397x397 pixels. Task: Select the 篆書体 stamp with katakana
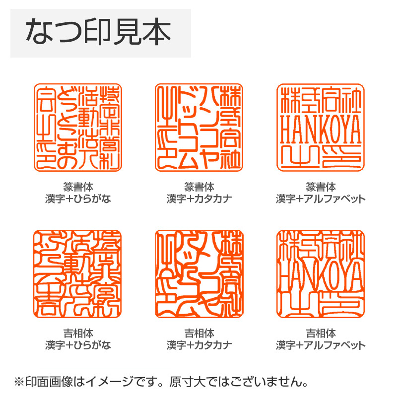pyautogui.click(x=199, y=128)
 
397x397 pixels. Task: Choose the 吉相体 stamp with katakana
pyautogui.click(x=199, y=273)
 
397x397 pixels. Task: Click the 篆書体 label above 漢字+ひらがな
pyautogui.click(x=78, y=188)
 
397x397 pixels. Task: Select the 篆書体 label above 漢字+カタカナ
pyautogui.click(x=199, y=188)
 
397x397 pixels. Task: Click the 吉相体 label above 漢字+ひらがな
pyautogui.click(x=78, y=333)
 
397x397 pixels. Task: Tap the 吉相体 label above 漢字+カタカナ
pyautogui.click(x=199, y=333)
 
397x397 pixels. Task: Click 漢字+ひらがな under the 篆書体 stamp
pyautogui.click(x=78, y=199)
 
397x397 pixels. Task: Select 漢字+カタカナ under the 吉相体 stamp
pyautogui.click(x=199, y=345)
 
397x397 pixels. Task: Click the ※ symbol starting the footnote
pyautogui.click(x=19, y=383)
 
